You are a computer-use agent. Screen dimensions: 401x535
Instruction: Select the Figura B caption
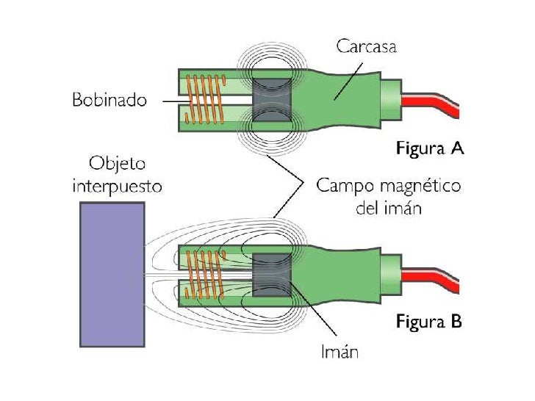point(429,321)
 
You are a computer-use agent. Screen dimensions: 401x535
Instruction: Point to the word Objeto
point(117,163)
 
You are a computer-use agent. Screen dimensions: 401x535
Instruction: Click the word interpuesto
point(116,186)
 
